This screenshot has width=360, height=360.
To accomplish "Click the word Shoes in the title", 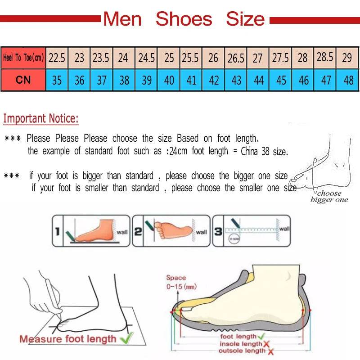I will click(184, 19).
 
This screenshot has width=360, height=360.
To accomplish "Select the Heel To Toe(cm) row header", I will click(23, 58).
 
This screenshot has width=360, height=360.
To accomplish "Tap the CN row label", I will click(23, 80).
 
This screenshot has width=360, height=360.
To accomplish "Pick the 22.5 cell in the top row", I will click(57, 58).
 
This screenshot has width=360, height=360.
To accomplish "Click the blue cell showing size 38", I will click(124, 81).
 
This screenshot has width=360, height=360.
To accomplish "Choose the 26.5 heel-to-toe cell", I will click(236, 58).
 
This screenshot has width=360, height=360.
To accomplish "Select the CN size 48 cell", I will click(348, 81).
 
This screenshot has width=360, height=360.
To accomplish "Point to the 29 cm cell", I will click(347, 58).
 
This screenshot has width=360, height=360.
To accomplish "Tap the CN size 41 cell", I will click(192, 81).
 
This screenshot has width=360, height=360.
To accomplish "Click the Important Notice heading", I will click(41, 119).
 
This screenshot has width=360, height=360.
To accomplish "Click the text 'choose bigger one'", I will click(329, 197).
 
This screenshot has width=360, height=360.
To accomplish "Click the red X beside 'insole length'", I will click(266, 344).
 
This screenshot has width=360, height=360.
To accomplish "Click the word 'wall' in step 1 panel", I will click(122, 232).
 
